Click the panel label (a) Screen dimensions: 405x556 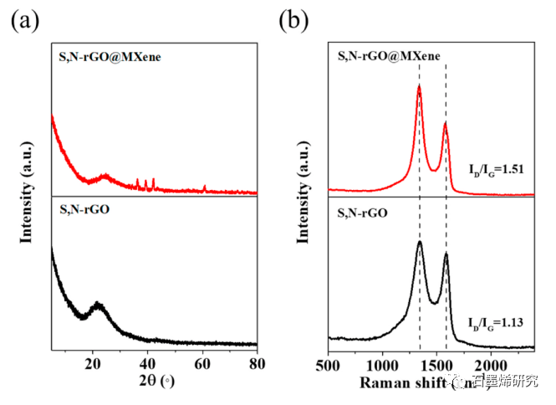click(24, 22)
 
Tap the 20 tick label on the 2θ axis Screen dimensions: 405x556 click(92, 364)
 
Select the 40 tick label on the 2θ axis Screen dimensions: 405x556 click(147, 364)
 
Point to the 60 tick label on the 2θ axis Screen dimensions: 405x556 click(202, 364)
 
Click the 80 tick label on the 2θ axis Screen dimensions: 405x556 click(257, 364)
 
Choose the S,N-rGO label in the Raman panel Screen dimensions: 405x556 click(367, 213)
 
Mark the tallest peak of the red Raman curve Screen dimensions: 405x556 click(419, 86)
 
